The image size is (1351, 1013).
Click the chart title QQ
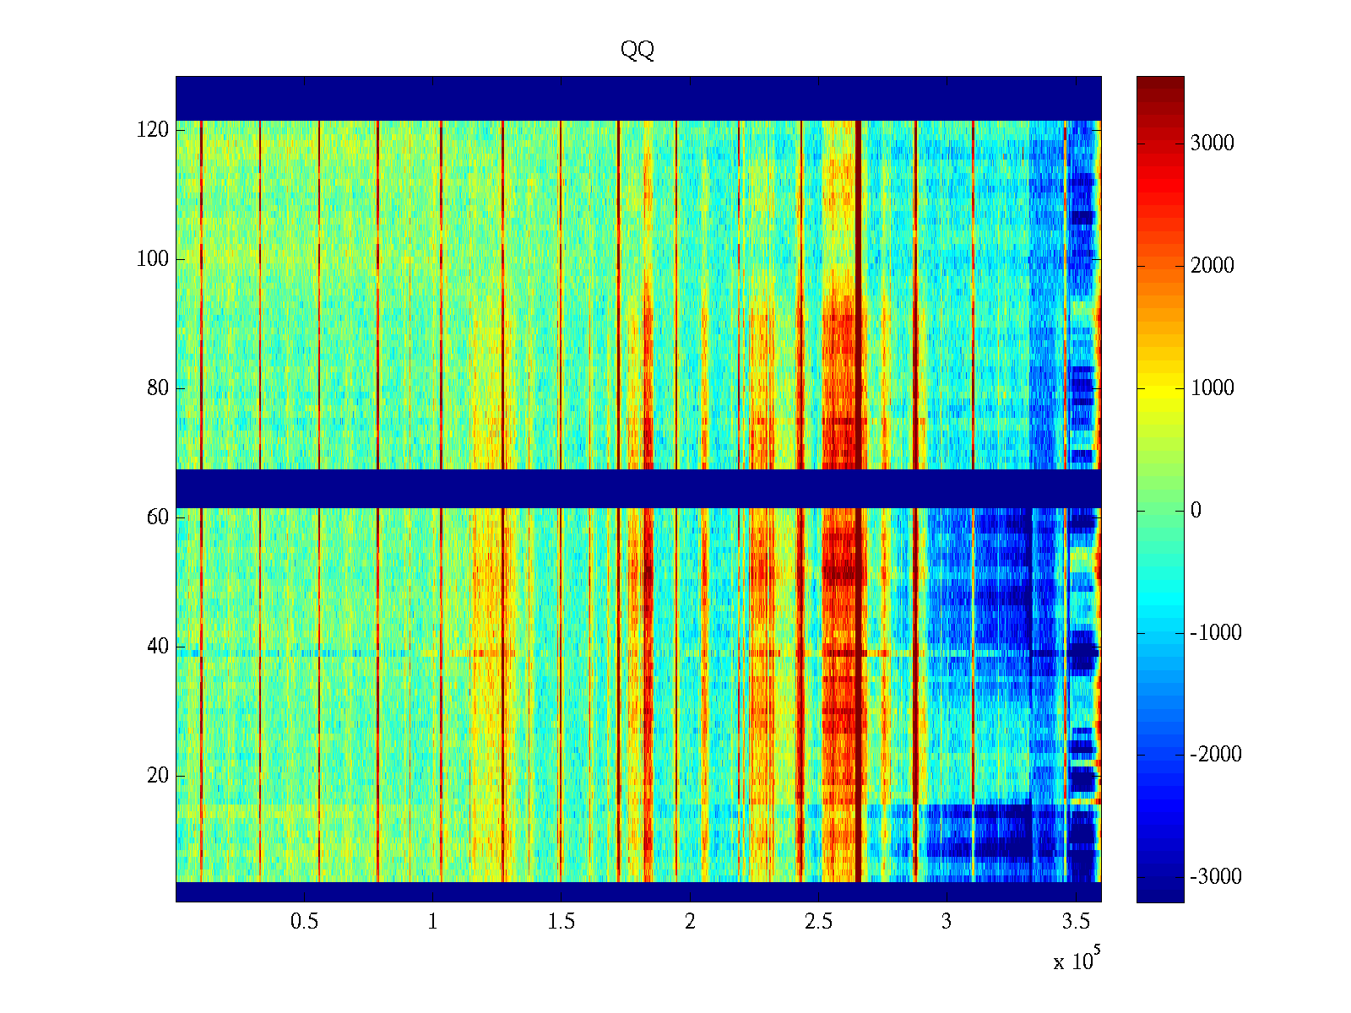[x=638, y=51]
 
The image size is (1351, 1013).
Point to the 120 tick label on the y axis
[x=153, y=130]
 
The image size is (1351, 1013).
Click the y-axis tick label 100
[x=153, y=259]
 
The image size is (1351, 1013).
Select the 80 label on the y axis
[x=158, y=388]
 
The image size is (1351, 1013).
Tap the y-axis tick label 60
[x=158, y=517]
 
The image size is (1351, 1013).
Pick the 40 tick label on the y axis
[x=158, y=647]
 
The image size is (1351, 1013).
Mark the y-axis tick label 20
[x=158, y=776]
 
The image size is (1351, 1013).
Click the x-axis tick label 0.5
[x=305, y=922]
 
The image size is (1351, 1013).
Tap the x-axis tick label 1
[x=433, y=922]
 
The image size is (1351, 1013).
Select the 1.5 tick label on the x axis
[x=562, y=922]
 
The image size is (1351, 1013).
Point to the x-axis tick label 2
[x=690, y=922]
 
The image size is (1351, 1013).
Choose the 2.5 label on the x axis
[x=818, y=922]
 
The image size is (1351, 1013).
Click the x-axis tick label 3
[x=947, y=922]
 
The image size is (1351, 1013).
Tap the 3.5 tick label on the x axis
[x=1075, y=922]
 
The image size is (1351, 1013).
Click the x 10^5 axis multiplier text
[x=1077, y=961]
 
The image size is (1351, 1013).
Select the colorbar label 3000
[x=1213, y=144]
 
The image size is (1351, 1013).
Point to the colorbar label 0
[x=1196, y=511]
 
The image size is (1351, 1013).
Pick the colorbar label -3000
[x=1216, y=877]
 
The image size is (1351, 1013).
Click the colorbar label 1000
[x=1213, y=388]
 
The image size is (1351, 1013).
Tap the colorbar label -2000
[x=1216, y=755]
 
